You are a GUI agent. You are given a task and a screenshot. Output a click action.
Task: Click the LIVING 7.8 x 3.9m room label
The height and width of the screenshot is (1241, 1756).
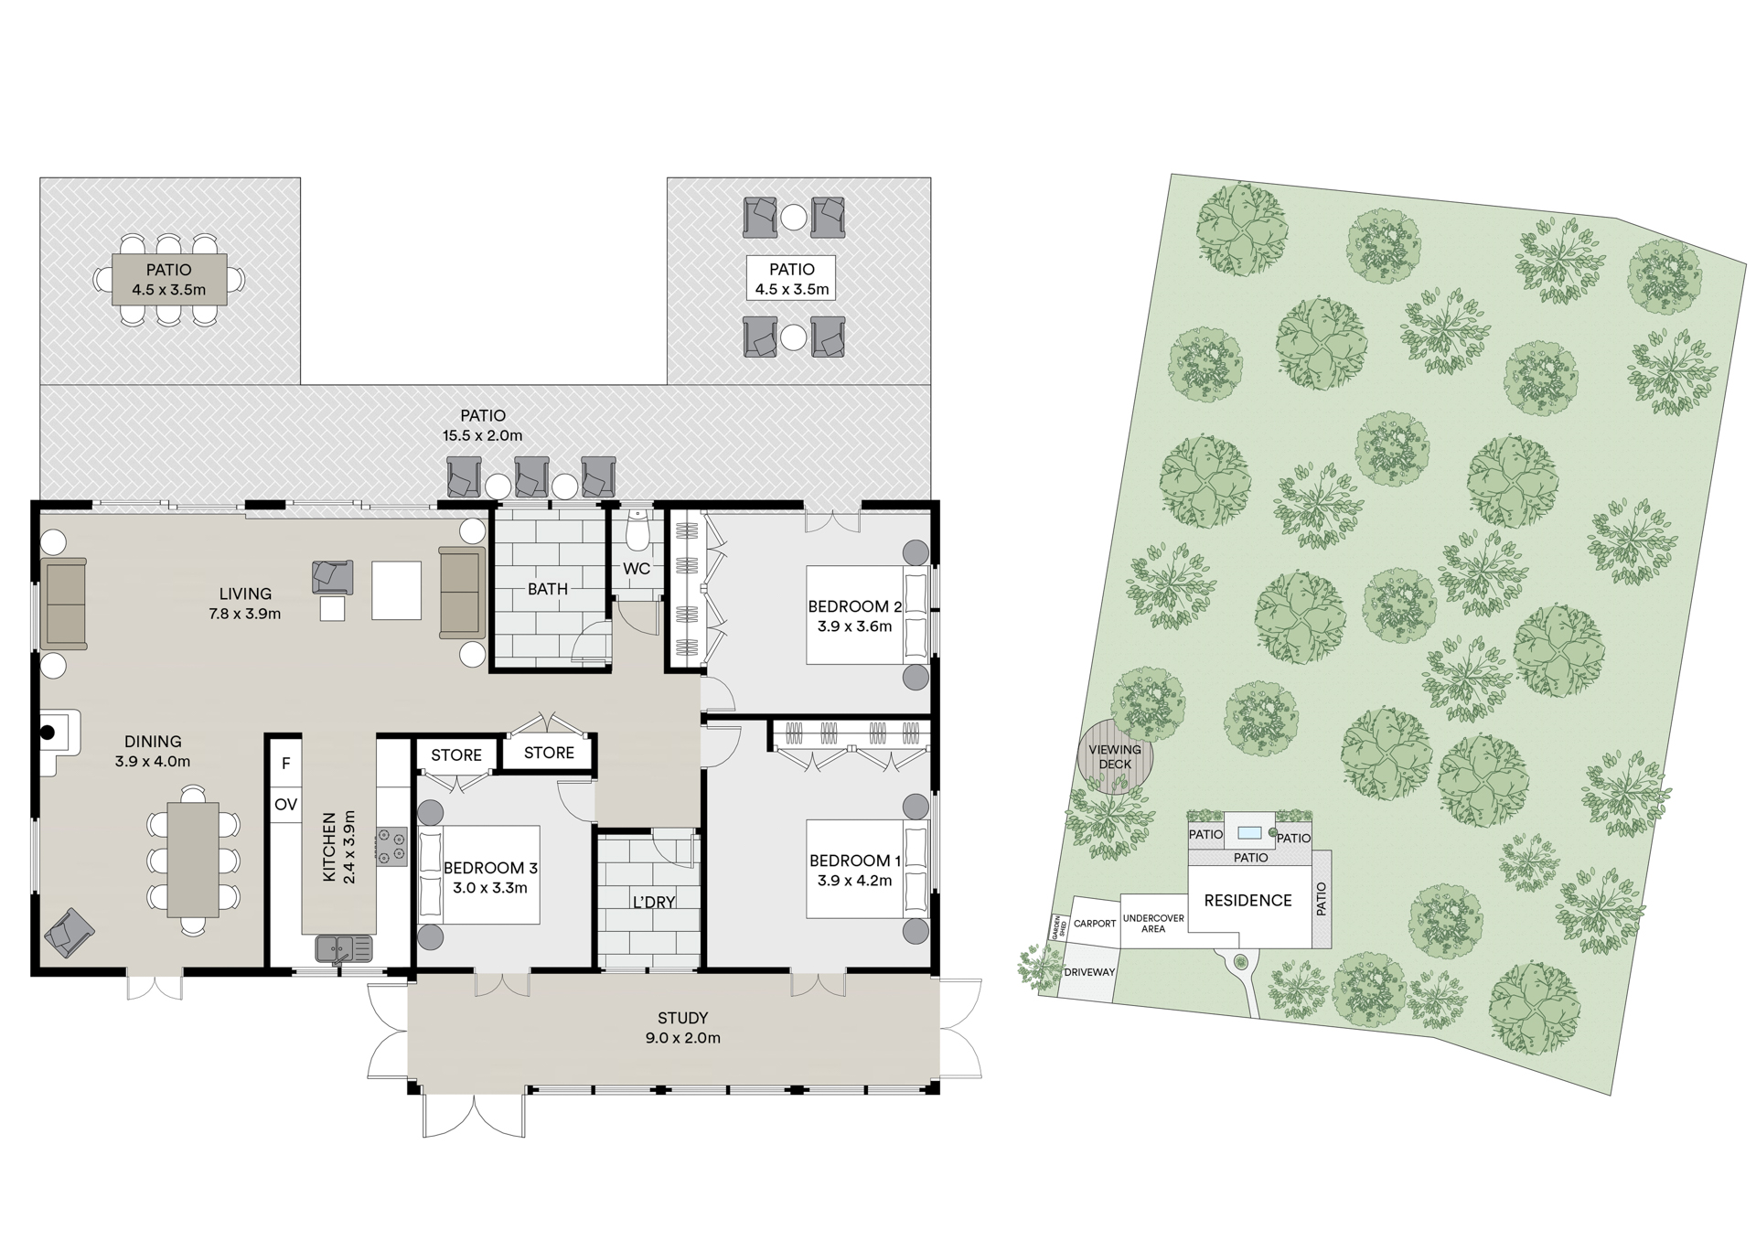pos(244,604)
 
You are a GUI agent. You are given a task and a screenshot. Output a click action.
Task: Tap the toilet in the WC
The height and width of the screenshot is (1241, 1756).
pos(637,531)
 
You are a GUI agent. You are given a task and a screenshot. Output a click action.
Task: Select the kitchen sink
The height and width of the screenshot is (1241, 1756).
pos(344,948)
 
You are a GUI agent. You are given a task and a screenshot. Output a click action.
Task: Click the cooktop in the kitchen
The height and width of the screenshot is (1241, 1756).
pos(392,846)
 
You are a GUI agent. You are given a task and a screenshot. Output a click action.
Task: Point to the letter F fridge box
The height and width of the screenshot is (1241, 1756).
pos(285,763)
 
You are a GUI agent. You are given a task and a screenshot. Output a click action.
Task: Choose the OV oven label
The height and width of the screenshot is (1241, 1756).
pos(285,805)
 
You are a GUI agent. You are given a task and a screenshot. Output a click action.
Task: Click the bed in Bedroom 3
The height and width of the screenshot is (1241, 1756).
pos(478,875)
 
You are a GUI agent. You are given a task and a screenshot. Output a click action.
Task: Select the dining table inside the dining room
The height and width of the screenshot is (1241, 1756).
pos(193,859)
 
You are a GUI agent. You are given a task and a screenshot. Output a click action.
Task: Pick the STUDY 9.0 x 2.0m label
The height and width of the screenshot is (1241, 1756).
pos(682,1027)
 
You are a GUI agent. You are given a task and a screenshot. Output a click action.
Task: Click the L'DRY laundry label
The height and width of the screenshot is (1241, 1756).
pos(653,902)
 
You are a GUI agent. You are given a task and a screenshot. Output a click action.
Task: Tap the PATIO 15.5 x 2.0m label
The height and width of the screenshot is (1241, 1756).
pos(482,425)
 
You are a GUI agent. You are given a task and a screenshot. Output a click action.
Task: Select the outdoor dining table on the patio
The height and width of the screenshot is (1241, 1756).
pos(169,279)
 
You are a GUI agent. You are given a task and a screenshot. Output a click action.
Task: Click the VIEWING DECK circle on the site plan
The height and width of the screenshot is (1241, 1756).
pos(1115,756)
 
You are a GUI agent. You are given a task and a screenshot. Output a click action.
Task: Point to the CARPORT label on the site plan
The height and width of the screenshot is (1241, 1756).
pos(1095,923)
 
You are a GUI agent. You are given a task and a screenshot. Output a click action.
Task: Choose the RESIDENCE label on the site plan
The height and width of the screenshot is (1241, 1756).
pos(1247,901)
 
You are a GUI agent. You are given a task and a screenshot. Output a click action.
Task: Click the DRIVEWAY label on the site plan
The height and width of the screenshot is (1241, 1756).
pos(1089,972)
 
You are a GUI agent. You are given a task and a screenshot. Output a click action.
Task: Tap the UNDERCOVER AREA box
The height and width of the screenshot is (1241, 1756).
pos(1153,923)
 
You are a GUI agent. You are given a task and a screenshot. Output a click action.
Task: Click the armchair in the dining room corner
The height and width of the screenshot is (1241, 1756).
pos(70,932)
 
